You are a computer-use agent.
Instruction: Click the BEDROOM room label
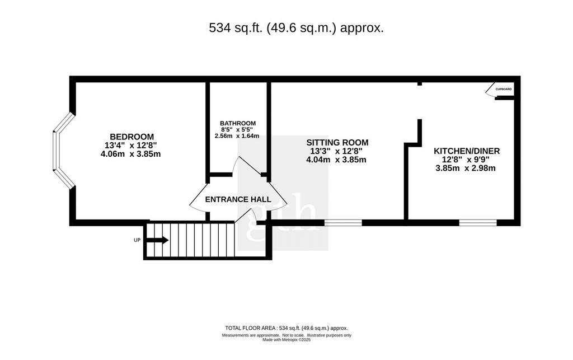tap(132, 137)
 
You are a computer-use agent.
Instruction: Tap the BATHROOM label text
tap(238, 124)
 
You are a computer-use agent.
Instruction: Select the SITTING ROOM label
tap(337, 143)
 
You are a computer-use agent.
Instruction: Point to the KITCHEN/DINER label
tap(467, 151)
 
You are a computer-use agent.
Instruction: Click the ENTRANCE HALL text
tap(238, 199)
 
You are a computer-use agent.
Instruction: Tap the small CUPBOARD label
tap(504, 89)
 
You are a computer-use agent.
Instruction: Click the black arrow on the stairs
tap(157, 240)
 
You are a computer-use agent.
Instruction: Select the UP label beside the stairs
tap(137, 240)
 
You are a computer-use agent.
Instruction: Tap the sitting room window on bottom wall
tap(343, 223)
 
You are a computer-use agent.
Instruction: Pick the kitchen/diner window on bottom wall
tap(478, 223)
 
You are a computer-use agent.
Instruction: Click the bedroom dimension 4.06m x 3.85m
tap(131, 154)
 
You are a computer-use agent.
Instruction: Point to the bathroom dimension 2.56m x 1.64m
tap(237, 136)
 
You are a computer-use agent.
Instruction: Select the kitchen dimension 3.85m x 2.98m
tap(466, 169)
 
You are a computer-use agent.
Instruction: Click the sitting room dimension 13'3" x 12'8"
tap(336, 151)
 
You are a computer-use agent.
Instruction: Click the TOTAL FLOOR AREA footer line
tap(286, 328)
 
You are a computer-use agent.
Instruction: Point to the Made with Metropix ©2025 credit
tap(286, 339)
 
